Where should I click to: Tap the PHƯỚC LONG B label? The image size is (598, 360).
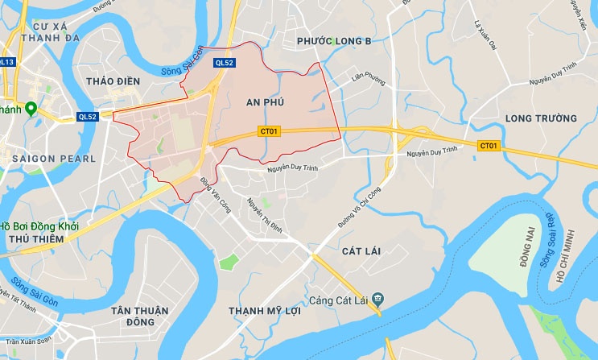(x=333, y=40)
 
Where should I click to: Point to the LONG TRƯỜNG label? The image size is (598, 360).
(x=541, y=118)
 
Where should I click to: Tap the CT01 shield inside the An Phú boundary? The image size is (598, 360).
(x=269, y=130)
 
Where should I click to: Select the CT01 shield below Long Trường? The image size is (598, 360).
(x=488, y=146)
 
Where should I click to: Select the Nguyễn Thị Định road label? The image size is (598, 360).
(x=266, y=215)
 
